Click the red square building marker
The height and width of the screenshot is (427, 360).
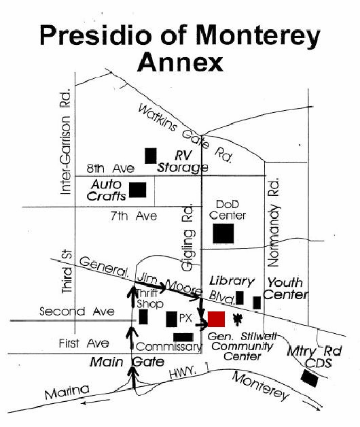[216, 319]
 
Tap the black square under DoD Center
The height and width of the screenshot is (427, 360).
[223, 233]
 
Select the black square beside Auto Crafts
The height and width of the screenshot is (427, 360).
[137, 190]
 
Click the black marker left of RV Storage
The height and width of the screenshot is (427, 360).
[151, 156]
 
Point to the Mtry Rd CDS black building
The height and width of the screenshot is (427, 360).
[310, 378]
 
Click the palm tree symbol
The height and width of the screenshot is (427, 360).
[238, 320]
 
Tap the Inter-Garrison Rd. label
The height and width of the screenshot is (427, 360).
[66, 141]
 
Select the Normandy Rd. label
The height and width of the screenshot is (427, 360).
[273, 222]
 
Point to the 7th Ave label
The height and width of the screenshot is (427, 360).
[134, 216]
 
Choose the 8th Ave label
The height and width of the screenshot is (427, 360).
[111, 169]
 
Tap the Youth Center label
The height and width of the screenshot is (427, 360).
[286, 289]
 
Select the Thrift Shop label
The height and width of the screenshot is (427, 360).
[149, 298]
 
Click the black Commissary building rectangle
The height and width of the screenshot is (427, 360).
[183, 337]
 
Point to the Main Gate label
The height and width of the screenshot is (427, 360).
[127, 362]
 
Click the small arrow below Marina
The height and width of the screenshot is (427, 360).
[95, 402]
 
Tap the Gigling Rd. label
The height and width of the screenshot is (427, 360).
[187, 237]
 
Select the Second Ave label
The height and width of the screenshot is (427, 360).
[77, 311]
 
